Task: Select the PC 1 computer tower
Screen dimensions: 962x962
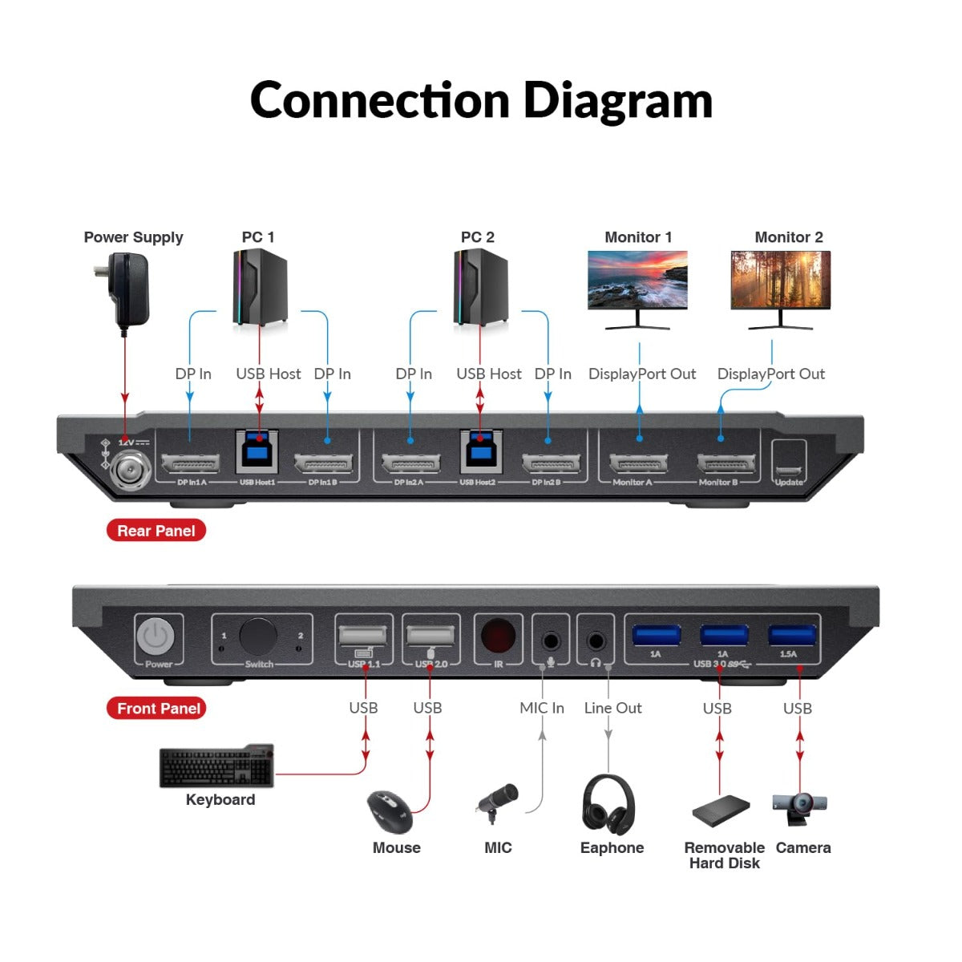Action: point(260,287)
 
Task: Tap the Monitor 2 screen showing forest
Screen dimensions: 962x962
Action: point(780,280)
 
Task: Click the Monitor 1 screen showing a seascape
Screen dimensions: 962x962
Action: point(637,280)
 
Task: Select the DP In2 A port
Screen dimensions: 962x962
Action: point(410,463)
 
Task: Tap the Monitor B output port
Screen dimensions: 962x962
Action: point(726,463)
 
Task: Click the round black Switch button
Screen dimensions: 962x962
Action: point(257,637)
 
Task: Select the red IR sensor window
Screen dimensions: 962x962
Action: point(498,637)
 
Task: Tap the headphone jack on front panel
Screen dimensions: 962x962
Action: point(596,641)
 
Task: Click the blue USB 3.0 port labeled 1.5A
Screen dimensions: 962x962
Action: point(792,636)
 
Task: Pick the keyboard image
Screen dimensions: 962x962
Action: point(216,767)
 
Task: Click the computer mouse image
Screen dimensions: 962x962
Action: point(390,811)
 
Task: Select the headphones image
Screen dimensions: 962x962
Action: point(608,805)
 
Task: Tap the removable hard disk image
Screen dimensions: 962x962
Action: point(720,811)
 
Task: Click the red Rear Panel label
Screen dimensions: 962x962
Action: point(156,531)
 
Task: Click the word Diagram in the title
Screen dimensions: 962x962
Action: point(617,100)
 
